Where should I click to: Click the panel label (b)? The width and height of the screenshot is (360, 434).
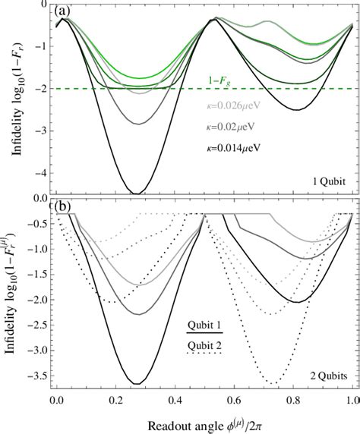click(x=57, y=204)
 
